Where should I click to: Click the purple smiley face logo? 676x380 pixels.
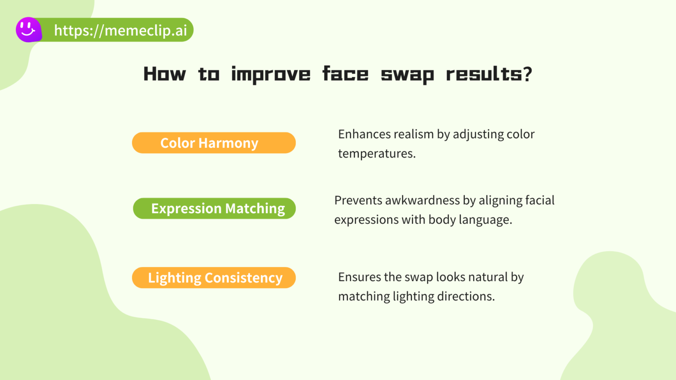click(29, 30)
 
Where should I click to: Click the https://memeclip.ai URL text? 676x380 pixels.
click(120, 30)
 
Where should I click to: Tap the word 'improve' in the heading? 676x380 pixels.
click(271, 74)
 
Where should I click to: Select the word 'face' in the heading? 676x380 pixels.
click(345, 74)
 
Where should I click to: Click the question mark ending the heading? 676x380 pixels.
click(528, 74)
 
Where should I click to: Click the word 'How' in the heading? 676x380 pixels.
click(165, 74)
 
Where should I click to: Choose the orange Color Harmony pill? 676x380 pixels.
click(214, 143)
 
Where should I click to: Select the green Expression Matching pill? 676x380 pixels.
click(214, 208)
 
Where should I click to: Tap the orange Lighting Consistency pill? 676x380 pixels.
click(214, 278)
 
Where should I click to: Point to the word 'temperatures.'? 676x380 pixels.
click(377, 153)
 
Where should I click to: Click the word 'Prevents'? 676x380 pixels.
click(358, 201)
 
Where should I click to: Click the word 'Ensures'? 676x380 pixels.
click(359, 277)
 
